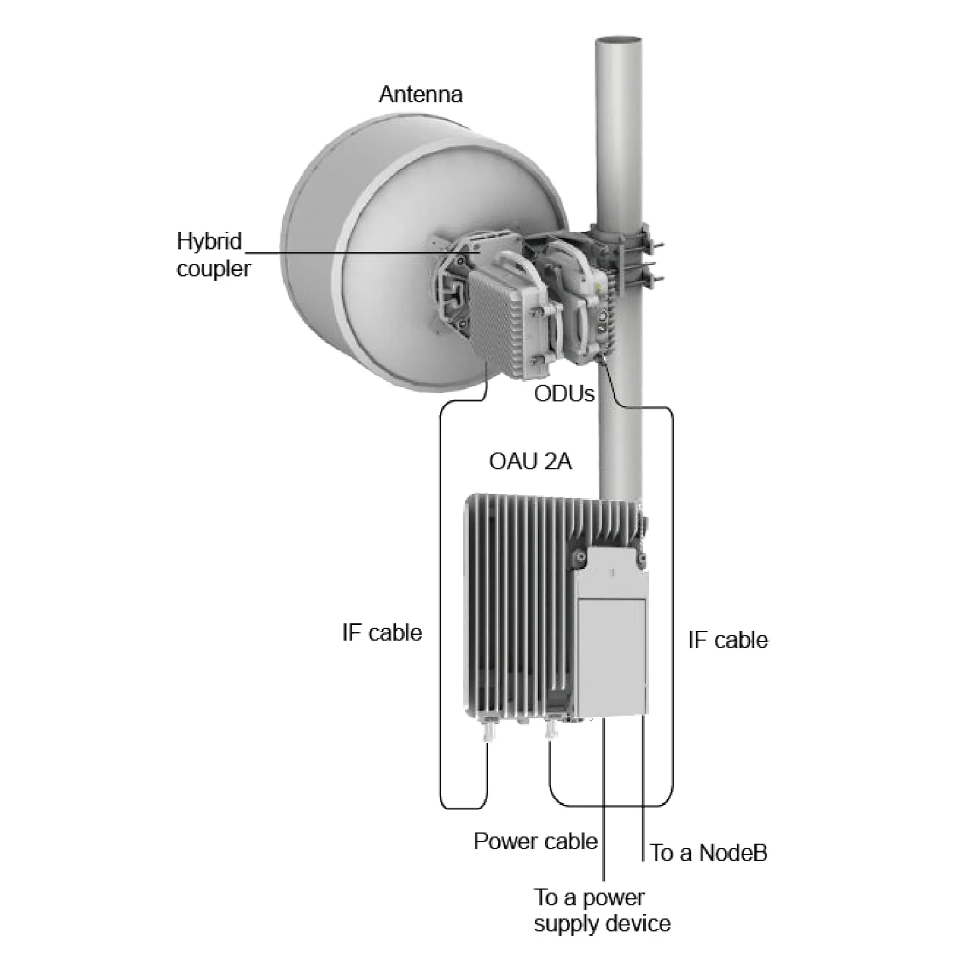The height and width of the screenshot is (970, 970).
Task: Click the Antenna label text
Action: pyautogui.click(x=420, y=95)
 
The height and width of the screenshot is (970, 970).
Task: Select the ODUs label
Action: pyautogui.click(x=564, y=394)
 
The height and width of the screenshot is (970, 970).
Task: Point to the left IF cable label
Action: pyautogui.click(x=382, y=632)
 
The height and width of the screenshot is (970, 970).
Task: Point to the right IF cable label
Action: pyautogui.click(x=727, y=640)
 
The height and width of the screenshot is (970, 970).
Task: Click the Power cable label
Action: pyautogui.click(x=535, y=841)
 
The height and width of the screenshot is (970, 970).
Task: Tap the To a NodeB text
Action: pyautogui.click(x=708, y=853)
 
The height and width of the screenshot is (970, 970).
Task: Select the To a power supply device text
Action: pyautogui.click(x=602, y=910)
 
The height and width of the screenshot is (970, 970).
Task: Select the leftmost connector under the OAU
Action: pyautogui.click(x=490, y=731)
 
